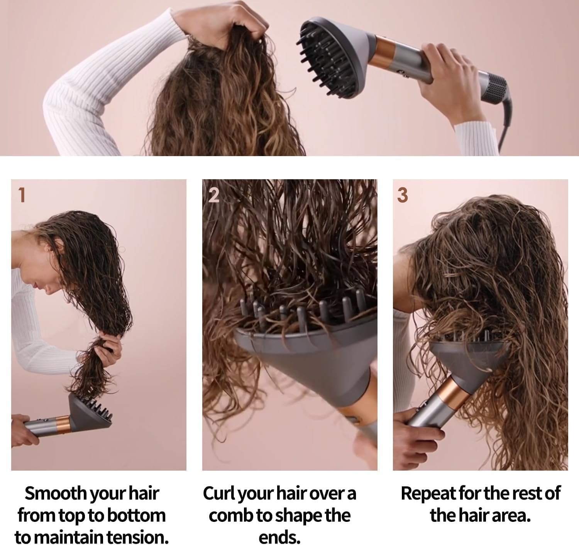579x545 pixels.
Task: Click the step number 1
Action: (x=22, y=195)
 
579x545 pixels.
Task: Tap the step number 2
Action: (x=214, y=195)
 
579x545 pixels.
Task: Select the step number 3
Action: (x=402, y=195)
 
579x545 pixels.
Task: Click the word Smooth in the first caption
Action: (x=56, y=493)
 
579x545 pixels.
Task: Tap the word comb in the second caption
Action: (x=231, y=516)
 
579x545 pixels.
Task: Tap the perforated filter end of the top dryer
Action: (x=494, y=88)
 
